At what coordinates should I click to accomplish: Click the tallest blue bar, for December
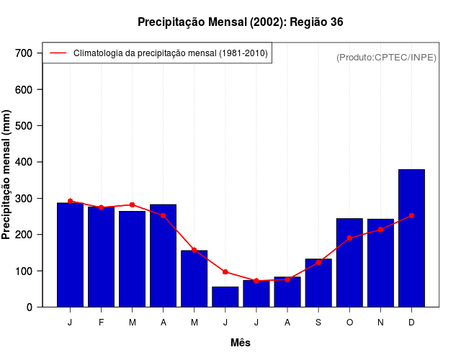point(411,238)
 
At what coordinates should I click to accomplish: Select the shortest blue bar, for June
point(225,297)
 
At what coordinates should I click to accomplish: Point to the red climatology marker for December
point(411,215)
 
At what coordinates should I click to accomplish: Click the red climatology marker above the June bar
point(225,272)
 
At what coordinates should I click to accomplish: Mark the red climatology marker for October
point(349,238)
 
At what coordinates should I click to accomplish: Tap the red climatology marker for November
point(380,230)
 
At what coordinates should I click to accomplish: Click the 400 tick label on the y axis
point(24,162)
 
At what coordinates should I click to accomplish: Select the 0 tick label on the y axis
point(30,307)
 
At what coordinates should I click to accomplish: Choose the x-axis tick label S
point(318,323)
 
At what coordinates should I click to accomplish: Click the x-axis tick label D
point(411,323)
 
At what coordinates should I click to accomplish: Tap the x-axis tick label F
point(101,323)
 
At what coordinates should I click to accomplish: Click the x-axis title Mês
point(241,343)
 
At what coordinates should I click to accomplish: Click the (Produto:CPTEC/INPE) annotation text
point(387,57)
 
